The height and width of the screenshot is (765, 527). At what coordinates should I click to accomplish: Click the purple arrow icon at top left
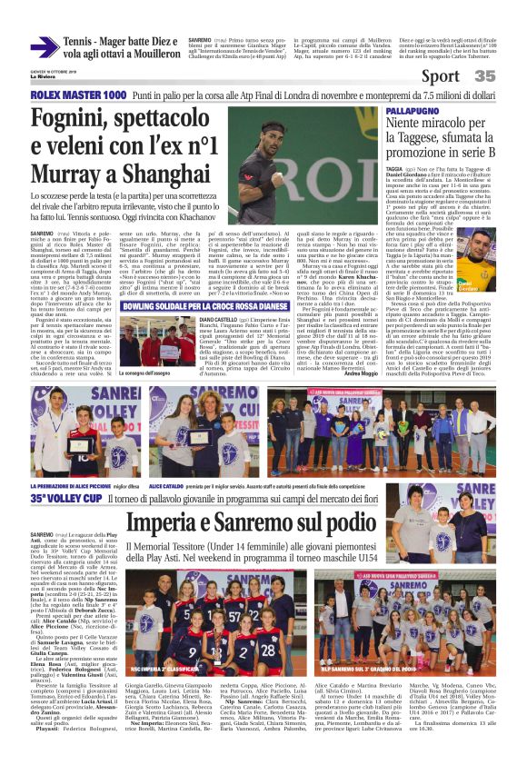(x=45, y=48)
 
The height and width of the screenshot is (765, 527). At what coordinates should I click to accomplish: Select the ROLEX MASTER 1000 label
(x=78, y=94)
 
